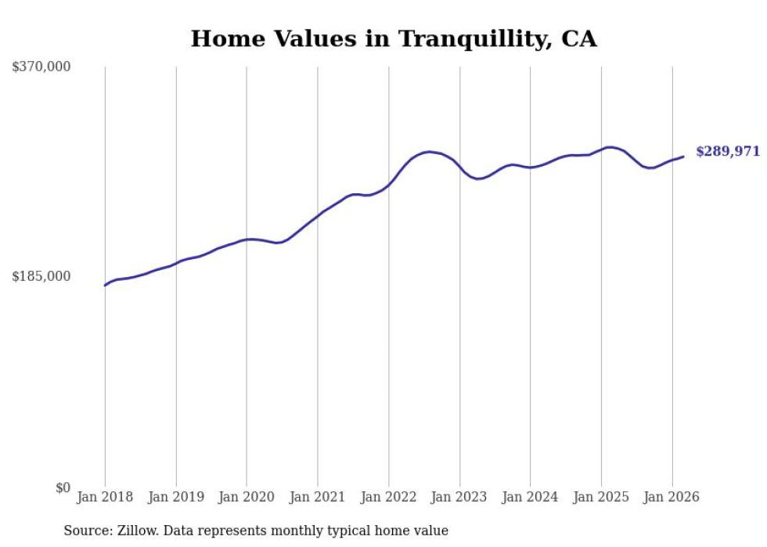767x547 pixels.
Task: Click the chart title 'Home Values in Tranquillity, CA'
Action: tap(394, 38)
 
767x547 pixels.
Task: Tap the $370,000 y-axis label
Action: tap(41, 67)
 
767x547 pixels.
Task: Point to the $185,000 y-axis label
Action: tap(41, 276)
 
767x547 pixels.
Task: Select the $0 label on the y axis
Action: tap(63, 488)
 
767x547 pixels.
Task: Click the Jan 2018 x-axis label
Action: tap(105, 497)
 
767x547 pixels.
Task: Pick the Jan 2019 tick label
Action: tap(176, 497)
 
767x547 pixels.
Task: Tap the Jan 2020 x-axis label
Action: tap(247, 497)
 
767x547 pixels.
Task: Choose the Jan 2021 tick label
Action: tap(318, 497)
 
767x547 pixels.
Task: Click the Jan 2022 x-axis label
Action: tap(388, 497)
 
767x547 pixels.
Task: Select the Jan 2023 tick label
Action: tap(459, 497)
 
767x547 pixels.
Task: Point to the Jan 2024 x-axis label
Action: tap(530, 497)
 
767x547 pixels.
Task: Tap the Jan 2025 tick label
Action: tap(601, 497)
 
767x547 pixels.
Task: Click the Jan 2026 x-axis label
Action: tap(672, 497)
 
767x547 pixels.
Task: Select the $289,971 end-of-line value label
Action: tap(727, 152)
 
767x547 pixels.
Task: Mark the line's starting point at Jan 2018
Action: tap(105, 285)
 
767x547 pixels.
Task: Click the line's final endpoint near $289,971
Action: tap(683, 157)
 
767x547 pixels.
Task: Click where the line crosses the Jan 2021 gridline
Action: tap(318, 216)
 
